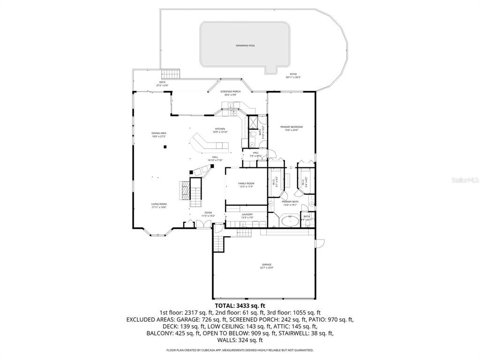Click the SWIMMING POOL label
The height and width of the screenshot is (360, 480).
(x=245, y=45)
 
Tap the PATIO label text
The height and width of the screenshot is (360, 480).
(x=293, y=74)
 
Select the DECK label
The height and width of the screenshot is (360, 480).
(x=162, y=82)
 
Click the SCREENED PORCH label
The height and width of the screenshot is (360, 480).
(x=230, y=91)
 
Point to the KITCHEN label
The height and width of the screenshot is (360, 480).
(x=220, y=129)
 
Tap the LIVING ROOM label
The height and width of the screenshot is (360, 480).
(x=159, y=204)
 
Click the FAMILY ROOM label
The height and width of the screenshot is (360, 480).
(x=246, y=183)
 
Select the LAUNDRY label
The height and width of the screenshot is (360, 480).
(x=247, y=214)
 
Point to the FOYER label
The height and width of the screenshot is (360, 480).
(x=208, y=212)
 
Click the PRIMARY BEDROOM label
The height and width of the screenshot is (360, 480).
(x=291, y=127)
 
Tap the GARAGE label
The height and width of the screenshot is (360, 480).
(x=266, y=265)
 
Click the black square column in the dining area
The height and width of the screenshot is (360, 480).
(x=165, y=147)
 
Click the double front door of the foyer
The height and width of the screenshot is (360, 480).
(x=200, y=225)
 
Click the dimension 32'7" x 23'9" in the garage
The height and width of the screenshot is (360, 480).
(x=266, y=268)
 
